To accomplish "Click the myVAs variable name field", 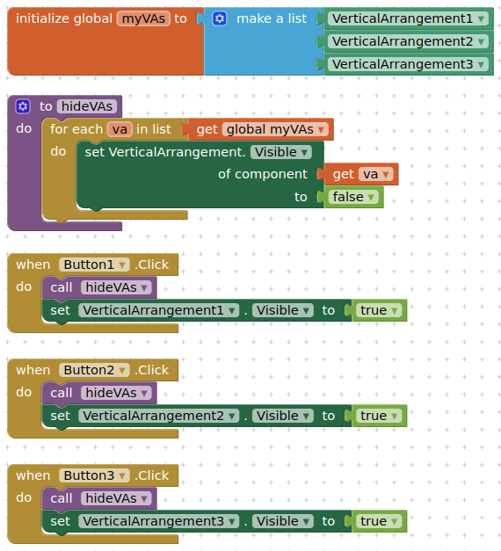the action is pos(143,18).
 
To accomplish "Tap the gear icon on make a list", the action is pos(220,18).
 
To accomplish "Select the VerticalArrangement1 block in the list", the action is pos(408,18).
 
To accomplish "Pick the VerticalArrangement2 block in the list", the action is pos(408,41).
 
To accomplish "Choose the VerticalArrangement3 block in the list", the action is pos(408,64).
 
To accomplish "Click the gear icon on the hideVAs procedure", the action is pos(23,106).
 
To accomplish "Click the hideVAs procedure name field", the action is pos(87,106).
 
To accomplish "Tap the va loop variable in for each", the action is pos(120,129).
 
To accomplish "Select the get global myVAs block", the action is pos(260,129).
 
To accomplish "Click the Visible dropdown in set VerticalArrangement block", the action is pos(281,152).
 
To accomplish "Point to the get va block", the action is pos(361,174).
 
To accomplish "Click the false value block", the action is pos(353,197).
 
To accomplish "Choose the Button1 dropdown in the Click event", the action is pos(94,265).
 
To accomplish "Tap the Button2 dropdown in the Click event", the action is pos(94,370).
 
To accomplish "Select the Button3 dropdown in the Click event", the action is pos(94,475).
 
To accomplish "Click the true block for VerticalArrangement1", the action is pos(380,310).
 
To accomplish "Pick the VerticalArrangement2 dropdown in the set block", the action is pos(158,416).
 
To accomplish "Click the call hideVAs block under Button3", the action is pos(99,498).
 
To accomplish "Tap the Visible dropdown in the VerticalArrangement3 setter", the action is pos(283,521).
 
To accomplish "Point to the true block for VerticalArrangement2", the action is pos(380,416).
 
